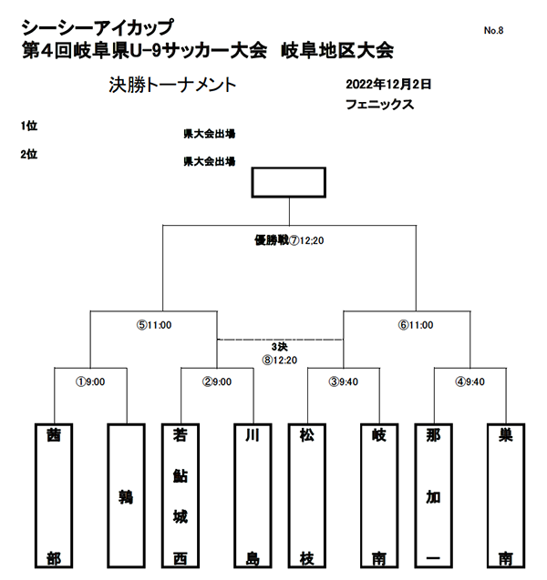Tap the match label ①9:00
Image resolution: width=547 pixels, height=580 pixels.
tap(90, 382)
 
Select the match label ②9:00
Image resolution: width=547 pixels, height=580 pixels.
tap(217, 382)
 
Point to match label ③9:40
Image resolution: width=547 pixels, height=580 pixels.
tap(344, 382)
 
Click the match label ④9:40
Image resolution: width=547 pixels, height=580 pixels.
tap(470, 382)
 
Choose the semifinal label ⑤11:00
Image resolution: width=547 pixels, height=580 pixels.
tap(154, 325)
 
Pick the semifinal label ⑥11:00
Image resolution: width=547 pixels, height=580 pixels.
tap(416, 325)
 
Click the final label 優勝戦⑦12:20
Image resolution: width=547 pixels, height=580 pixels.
tap(289, 240)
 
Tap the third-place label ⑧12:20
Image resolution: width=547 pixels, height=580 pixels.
tap(280, 360)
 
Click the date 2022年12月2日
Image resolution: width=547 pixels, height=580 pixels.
tap(388, 85)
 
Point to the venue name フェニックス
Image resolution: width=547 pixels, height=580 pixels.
tap(379, 105)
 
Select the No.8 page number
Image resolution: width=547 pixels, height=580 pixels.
tap(493, 30)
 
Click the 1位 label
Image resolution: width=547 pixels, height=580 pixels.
tap(29, 126)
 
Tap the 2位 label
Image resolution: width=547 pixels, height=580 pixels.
tap(29, 154)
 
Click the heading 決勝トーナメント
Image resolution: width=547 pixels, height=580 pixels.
tap(172, 85)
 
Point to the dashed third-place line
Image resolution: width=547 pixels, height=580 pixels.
tap(281, 340)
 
